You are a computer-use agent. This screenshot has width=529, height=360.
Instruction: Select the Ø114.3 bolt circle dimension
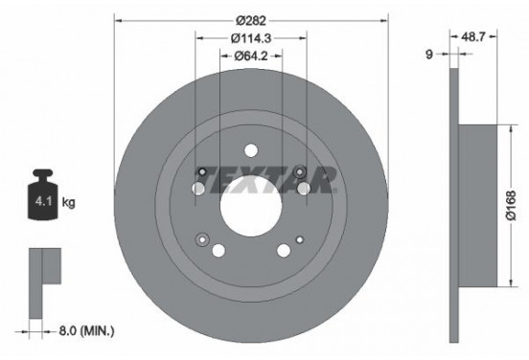coord(251,39)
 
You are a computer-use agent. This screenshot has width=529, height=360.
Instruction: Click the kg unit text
coord(69,203)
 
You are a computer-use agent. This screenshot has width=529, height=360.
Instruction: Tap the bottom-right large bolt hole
coord(284,251)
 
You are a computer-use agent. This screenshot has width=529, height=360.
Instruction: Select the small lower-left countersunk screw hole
coord(202,238)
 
